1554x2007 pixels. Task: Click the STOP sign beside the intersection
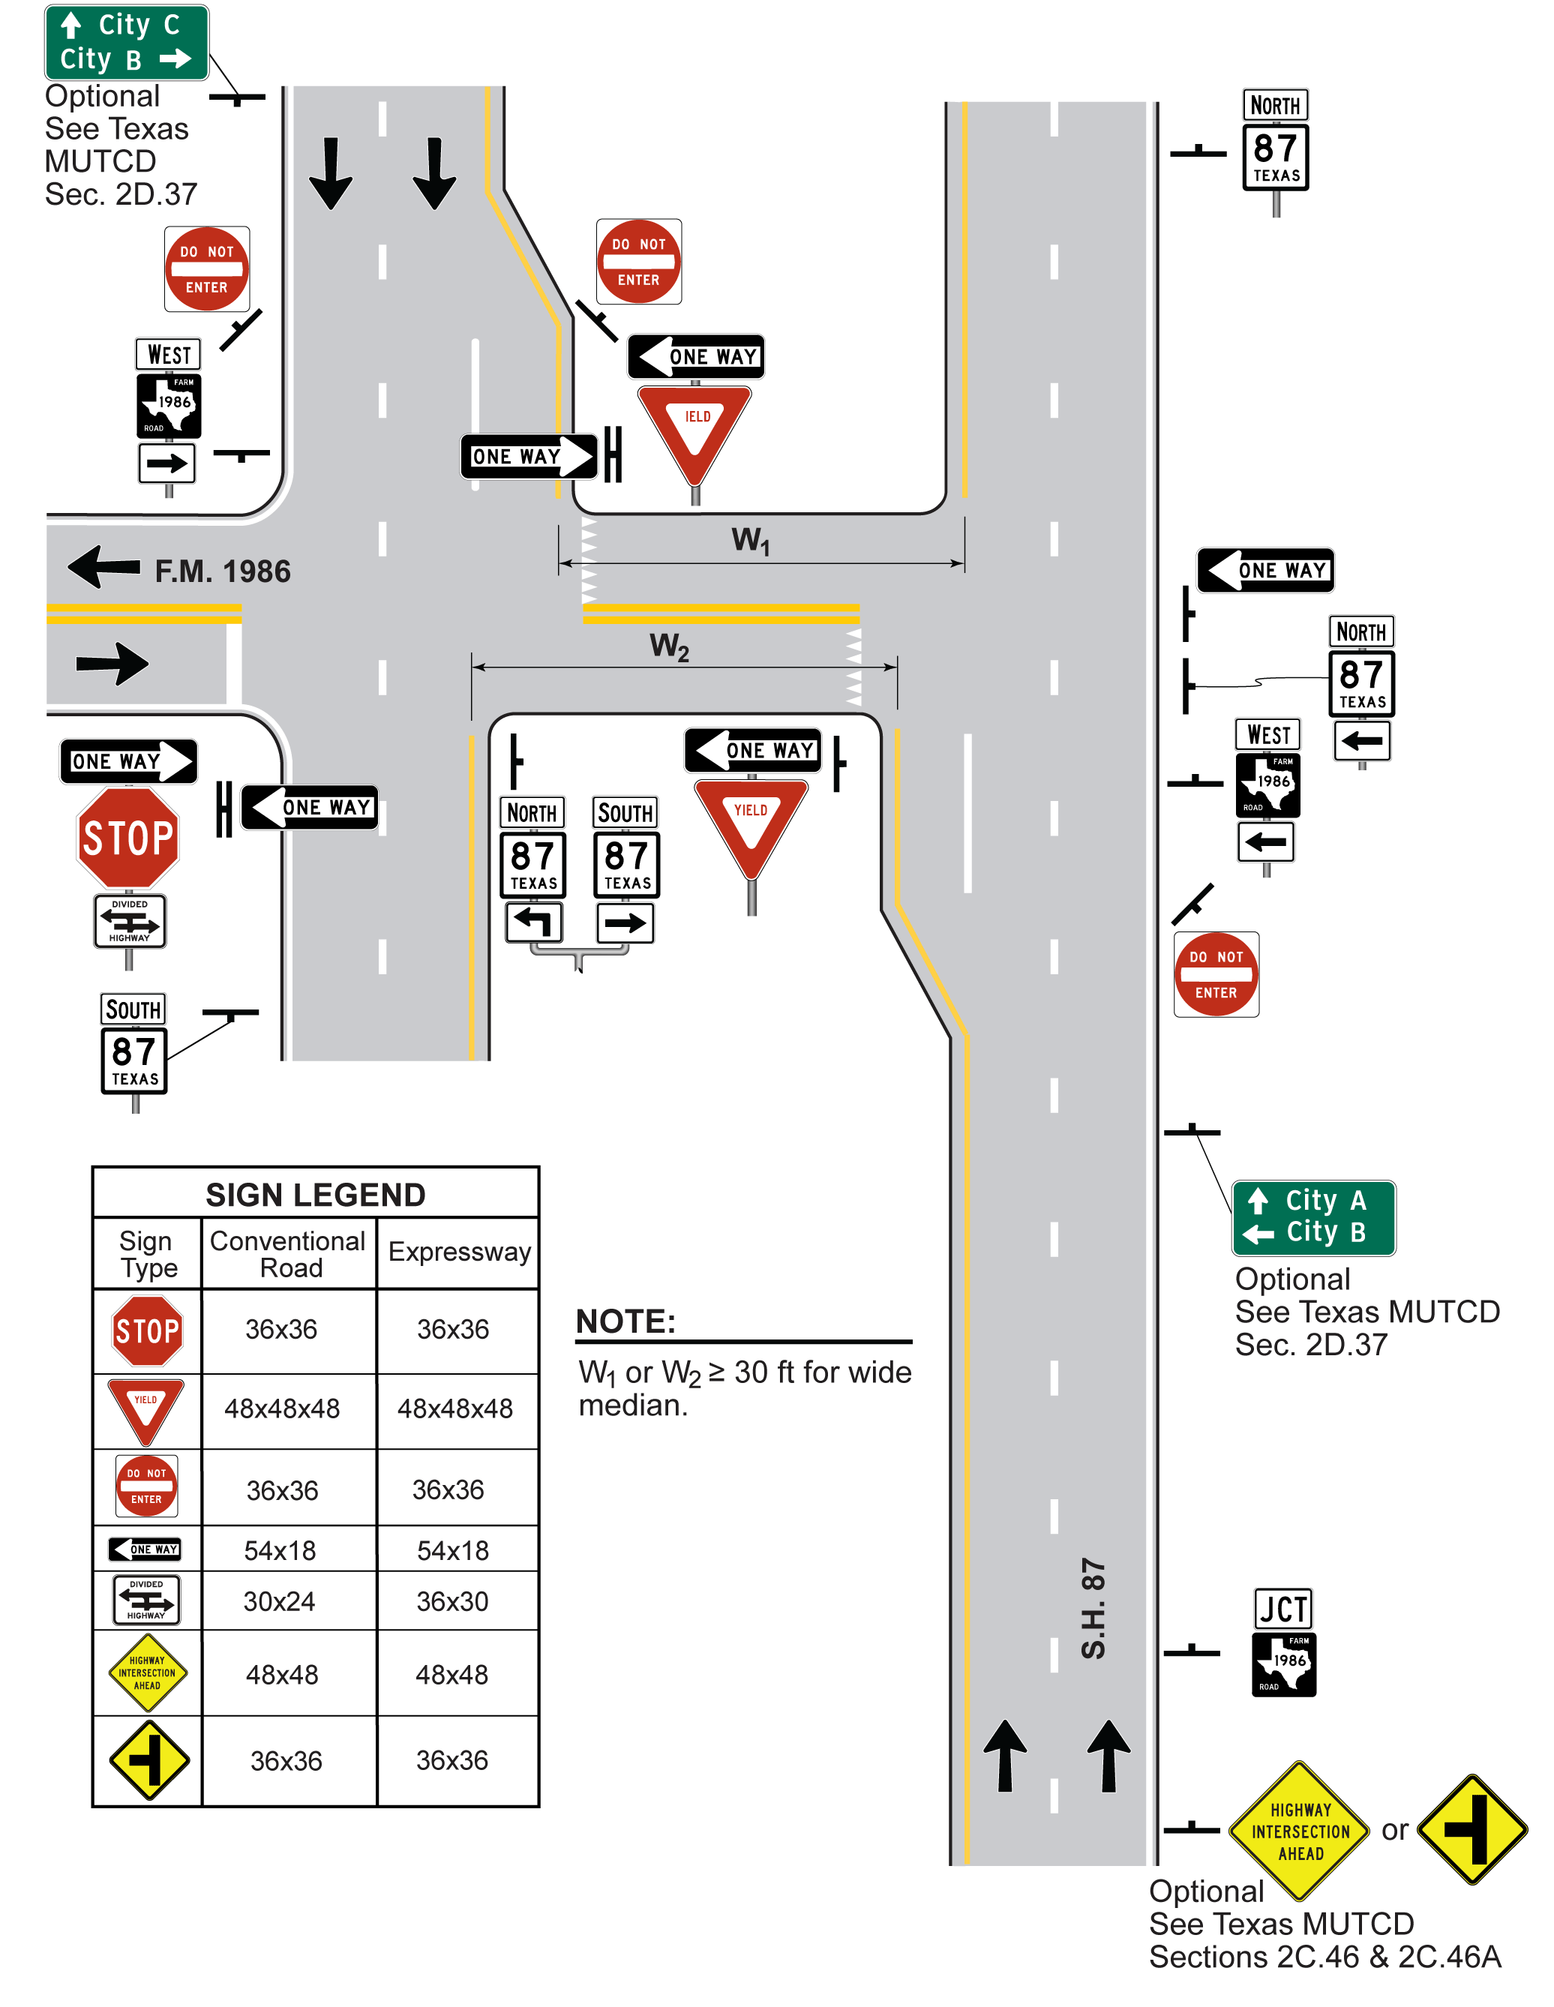(x=127, y=837)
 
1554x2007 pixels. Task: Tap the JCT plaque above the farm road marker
(x=1283, y=1609)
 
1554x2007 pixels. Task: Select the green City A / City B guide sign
(x=1312, y=1216)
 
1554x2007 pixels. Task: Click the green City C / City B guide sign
(x=126, y=42)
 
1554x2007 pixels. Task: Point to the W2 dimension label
(x=669, y=647)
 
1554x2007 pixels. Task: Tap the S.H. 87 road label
(x=1093, y=1608)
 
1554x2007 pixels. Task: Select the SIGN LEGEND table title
(x=315, y=1194)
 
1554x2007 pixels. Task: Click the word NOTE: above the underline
(x=625, y=1321)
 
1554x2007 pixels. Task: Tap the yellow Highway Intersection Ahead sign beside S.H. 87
(x=1300, y=1831)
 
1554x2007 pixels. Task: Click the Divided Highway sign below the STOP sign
(x=130, y=921)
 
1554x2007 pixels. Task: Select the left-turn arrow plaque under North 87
(x=533, y=922)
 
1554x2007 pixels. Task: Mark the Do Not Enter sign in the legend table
(x=146, y=1485)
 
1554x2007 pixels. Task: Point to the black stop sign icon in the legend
(x=147, y=1330)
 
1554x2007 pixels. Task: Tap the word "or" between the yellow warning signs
(x=1394, y=1830)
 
